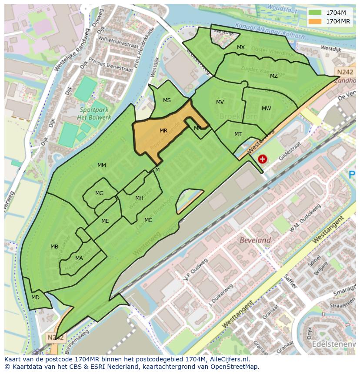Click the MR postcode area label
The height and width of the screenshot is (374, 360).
pyautogui.click(x=163, y=130)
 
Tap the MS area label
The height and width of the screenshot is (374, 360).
pyautogui.click(x=167, y=100)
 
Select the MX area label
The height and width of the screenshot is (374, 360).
pyautogui.click(x=241, y=47)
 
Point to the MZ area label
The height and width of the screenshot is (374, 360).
pyautogui.click(x=273, y=76)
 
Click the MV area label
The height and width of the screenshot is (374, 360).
pyautogui.click(x=220, y=102)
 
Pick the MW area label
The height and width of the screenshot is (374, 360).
pyautogui.click(x=266, y=109)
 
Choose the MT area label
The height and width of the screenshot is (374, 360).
pyautogui.click(x=238, y=134)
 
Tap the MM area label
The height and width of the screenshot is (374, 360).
pyautogui.click(x=102, y=165)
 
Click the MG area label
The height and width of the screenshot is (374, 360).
pyautogui.click(x=100, y=193)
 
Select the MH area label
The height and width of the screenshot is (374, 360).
pyautogui.click(x=139, y=198)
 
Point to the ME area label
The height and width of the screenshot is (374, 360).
pyautogui.click(x=105, y=221)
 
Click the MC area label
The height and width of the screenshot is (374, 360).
pyautogui.click(x=148, y=220)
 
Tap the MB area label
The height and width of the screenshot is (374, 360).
pyautogui.click(x=54, y=247)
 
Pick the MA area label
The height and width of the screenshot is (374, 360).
pyautogui.click(x=79, y=258)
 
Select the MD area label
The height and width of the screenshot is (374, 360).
pyautogui.click(x=36, y=298)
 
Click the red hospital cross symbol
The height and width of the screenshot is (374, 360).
pyautogui.click(x=262, y=159)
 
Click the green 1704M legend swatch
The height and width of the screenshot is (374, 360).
pyautogui.click(x=315, y=13)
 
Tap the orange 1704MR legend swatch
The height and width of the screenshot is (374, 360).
pyautogui.click(x=315, y=21)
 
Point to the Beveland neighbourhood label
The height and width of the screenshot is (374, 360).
pyautogui.click(x=256, y=240)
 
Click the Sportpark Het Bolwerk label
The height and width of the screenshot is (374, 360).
pyautogui.click(x=94, y=113)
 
